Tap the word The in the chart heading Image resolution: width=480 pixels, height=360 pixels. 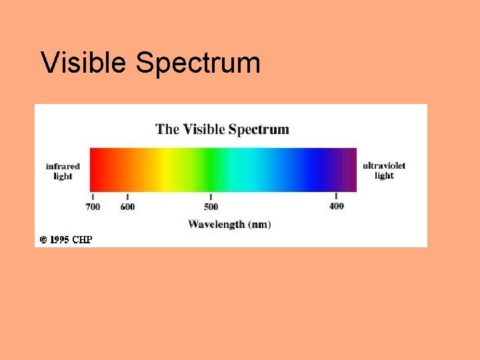click(167, 129)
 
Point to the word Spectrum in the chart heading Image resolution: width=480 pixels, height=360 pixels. click(259, 129)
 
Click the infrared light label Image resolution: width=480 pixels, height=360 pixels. click(63, 171)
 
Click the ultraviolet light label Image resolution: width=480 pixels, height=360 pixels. click(384, 171)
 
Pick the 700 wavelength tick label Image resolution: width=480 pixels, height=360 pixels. click(93, 207)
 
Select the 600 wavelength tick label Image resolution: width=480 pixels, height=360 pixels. click(127, 207)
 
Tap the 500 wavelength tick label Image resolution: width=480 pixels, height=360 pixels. click(211, 207)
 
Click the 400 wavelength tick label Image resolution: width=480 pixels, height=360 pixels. click(337, 206)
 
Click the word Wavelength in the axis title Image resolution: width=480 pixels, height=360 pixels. click(216, 225)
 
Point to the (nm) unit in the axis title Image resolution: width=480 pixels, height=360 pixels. click(259, 225)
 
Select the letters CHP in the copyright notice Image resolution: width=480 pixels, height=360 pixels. click(82, 239)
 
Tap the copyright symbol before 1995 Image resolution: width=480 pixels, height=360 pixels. click(43, 239)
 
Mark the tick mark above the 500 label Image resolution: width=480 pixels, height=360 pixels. click(211, 197)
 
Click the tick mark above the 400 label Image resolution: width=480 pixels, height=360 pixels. click(336, 197)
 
